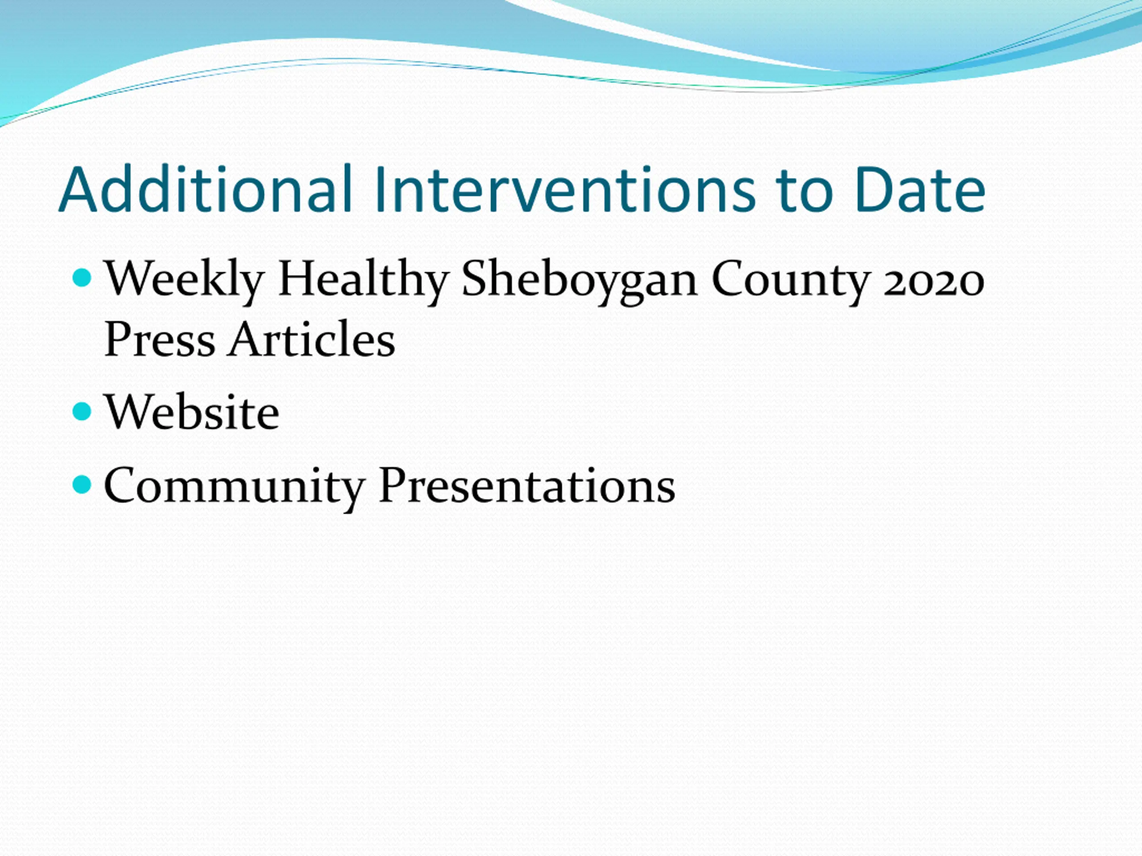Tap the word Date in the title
point(920,189)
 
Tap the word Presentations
point(526,486)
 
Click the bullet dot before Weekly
point(82,278)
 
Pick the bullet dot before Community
point(82,484)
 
